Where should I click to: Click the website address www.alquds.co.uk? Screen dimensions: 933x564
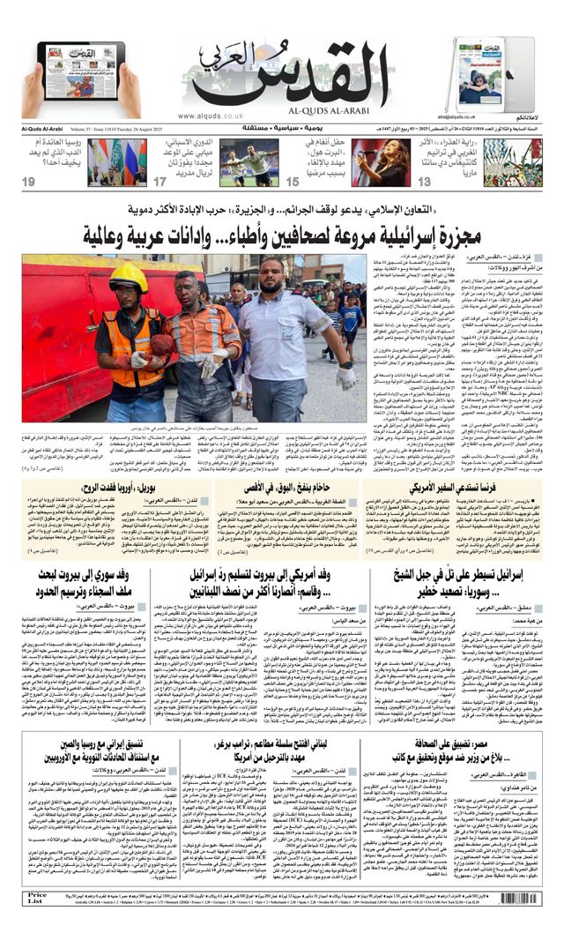[210, 116]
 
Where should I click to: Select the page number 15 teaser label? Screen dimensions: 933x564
[293, 182]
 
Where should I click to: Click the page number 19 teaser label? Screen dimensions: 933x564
[29, 182]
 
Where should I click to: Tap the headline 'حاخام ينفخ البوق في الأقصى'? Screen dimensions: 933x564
[279, 486]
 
